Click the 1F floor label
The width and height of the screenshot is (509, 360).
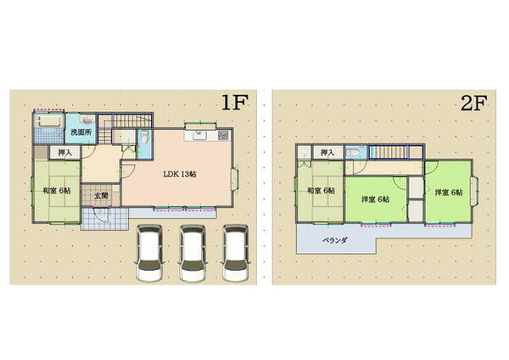234,104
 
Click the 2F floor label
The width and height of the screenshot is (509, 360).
472,104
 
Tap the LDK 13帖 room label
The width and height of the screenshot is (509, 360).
180,173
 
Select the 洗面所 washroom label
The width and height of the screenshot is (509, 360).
81,132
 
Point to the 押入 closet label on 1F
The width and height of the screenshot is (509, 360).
64,154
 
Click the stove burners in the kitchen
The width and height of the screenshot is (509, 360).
223,135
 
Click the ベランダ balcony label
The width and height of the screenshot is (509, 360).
334,240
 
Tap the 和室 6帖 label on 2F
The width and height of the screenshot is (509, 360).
320,191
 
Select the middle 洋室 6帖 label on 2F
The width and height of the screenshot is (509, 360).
375,200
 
